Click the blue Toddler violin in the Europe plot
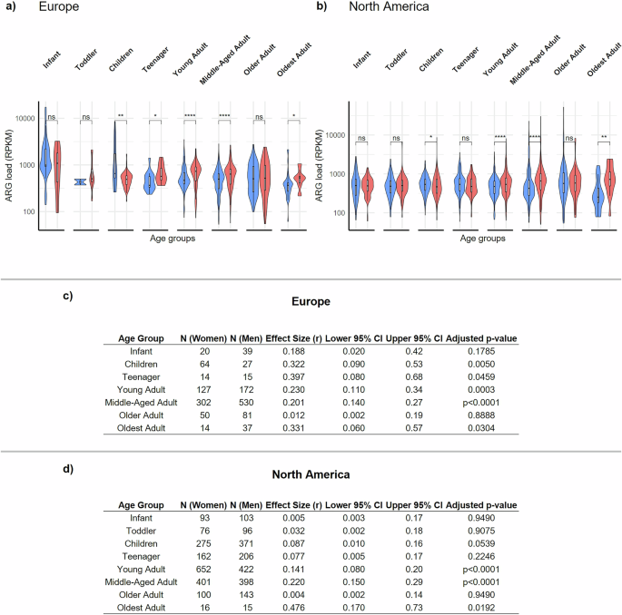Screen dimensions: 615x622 (x=80, y=181)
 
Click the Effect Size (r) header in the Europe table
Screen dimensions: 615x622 (x=291, y=338)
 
